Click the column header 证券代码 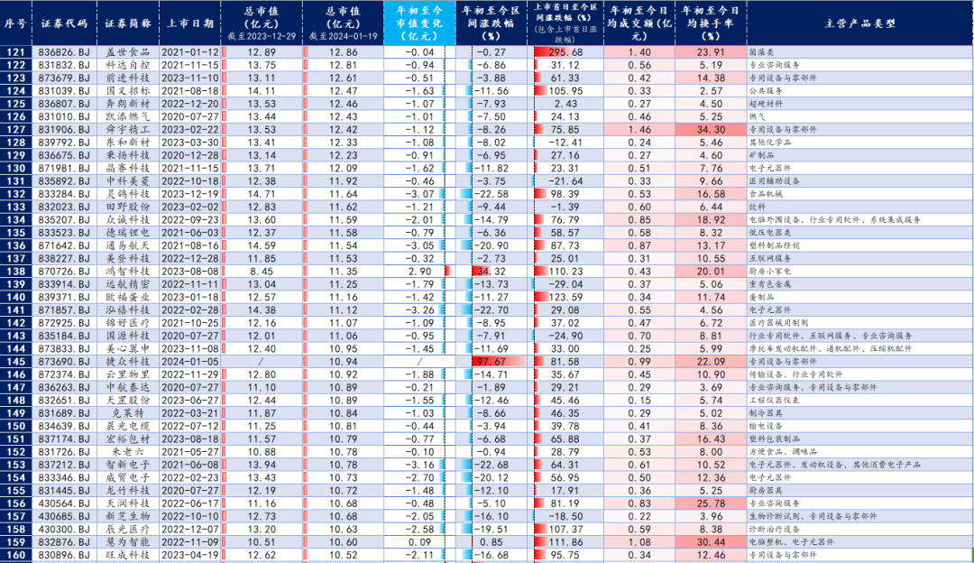click(63, 23)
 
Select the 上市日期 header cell click(190, 23)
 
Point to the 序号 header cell click(16, 23)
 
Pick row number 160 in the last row click(16, 555)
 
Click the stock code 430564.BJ click(63, 503)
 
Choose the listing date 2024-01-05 click(190, 361)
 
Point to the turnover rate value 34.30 click(712, 129)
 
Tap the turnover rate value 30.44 click(712, 541)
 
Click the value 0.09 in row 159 click(420, 541)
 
